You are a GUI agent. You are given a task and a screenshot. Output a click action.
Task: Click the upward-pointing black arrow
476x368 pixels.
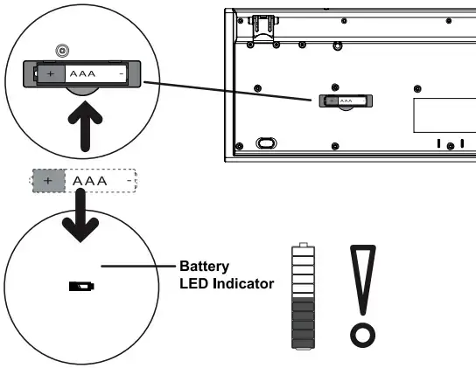coord(85,128)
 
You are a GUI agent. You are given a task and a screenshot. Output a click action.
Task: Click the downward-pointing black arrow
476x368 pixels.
coord(80,215)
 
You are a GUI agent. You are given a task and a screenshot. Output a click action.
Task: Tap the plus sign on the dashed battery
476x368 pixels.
coord(47,181)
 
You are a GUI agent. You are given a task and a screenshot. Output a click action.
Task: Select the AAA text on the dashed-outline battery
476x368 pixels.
coord(90,181)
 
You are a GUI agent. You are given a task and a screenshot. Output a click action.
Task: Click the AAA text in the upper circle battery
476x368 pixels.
coord(82,73)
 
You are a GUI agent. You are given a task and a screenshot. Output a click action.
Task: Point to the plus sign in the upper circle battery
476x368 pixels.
coord(51,73)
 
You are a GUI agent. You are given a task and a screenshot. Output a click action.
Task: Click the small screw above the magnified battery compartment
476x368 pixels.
coord(62,51)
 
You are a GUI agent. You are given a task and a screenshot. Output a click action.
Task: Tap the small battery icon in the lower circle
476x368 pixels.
coord(81,287)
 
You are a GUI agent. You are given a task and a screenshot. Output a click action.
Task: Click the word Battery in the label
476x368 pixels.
coord(204,267)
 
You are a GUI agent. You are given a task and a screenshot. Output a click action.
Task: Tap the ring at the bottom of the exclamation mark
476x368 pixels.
coord(363,336)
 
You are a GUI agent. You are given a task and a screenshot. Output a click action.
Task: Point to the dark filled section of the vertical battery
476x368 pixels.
coord(303,323)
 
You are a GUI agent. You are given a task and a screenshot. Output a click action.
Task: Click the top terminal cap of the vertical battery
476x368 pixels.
coord(304,245)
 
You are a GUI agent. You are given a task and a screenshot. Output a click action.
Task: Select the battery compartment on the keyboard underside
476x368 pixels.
coord(346,101)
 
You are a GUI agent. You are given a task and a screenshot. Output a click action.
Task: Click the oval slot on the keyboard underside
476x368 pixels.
coord(266,142)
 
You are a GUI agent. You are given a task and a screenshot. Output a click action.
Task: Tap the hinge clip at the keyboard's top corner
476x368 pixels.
coord(262,27)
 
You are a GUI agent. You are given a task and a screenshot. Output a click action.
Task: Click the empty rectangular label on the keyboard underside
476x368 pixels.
coord(444,115)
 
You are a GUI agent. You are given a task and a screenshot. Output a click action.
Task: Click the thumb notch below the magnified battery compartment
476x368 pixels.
coord(82,91)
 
